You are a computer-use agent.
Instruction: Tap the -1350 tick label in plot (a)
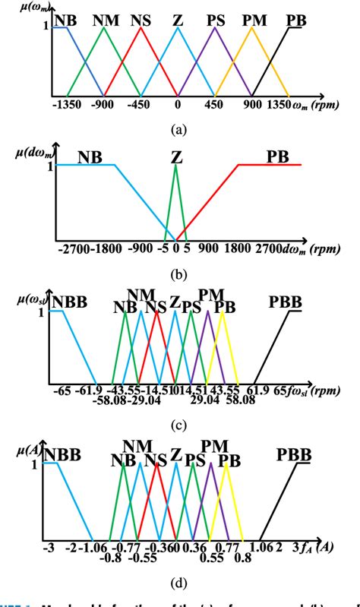pos(68,109)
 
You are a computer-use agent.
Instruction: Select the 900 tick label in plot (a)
pos(253,109)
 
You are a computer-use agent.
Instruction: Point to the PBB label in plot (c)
pos(285,303)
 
